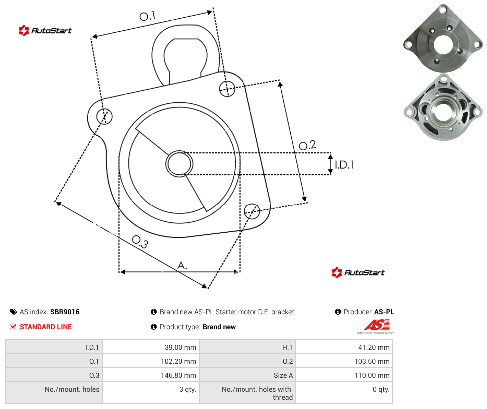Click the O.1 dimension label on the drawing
coord(147,16)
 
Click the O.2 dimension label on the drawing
coord(307,145)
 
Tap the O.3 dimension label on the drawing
coord(140,242)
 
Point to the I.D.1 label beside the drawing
coord(344,165)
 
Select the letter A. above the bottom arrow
coord(182,266)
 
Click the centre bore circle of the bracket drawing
coord(179,164)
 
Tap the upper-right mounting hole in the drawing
coord(227,88)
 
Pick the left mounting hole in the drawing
coord(104,116)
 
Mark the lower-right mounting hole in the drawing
coord(252,211)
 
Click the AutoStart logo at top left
coord(45,31)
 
